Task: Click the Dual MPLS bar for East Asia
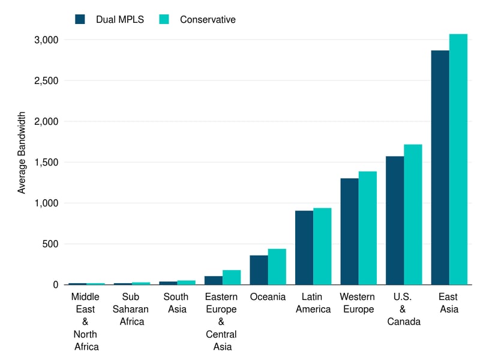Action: (x=440, y=167)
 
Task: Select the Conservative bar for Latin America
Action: (x=322, y=246)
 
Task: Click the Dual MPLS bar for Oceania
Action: (x=259, y=270)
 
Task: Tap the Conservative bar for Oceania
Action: (x=277, y=266)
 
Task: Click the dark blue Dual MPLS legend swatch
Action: (x=80, y=19)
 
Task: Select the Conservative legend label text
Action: (x=208, y=20)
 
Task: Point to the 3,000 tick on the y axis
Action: (x=46, y=40)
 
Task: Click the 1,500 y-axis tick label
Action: (x=46, y=162)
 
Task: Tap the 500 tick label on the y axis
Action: (x=50, y=244)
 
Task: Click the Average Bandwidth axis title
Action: (x=22, y=152)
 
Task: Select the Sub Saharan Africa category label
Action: (x=130, y=309)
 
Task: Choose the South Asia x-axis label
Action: (x=176, y=303)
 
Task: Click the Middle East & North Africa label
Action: (x=85, y=322)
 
